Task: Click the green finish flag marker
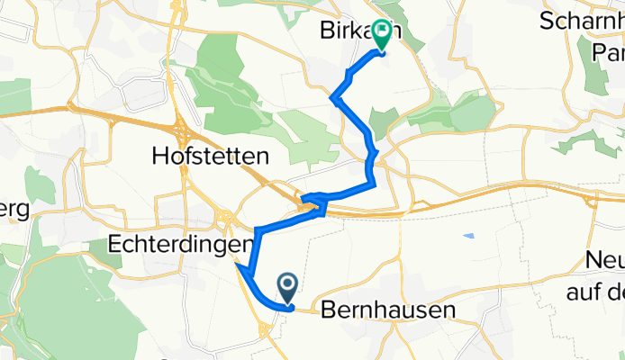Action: tap(382, 35)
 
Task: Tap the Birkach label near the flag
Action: tap(356, 31)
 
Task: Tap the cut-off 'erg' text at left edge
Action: tap(15, 208)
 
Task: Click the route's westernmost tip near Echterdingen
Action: tap(238, 265)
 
